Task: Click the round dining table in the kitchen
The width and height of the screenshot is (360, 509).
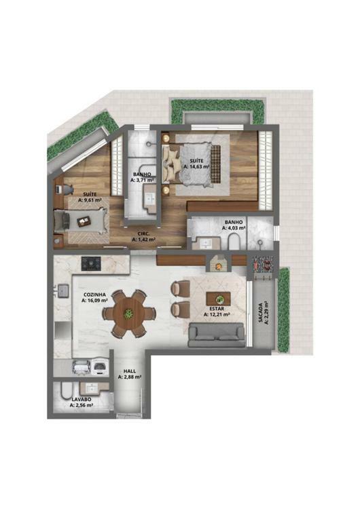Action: (x=129, y=314)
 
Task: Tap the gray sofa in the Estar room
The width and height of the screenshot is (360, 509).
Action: (x=217, y=335)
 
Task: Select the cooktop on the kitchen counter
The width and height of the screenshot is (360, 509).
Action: (x=91, y=263)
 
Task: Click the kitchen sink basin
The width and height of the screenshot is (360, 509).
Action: (x=62, y=291)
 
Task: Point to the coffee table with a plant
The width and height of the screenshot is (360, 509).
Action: (x=218, y=299)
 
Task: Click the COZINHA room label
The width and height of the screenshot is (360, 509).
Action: (x=94, y=295)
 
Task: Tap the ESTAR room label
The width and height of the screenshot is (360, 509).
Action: (x=217, y=309)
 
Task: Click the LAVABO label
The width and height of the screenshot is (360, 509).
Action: (x=82, y=399)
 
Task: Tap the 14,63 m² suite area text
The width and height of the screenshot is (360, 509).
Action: (x=196, y=166)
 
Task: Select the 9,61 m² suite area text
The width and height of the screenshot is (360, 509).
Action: (x=90, y=200)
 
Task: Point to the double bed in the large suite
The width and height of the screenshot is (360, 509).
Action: (x=192, y=166)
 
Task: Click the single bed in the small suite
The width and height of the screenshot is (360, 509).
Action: (x=81, y=221)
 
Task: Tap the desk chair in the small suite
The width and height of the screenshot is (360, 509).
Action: (x=68, y=189)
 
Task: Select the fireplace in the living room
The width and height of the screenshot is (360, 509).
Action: (x=218, y=263)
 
